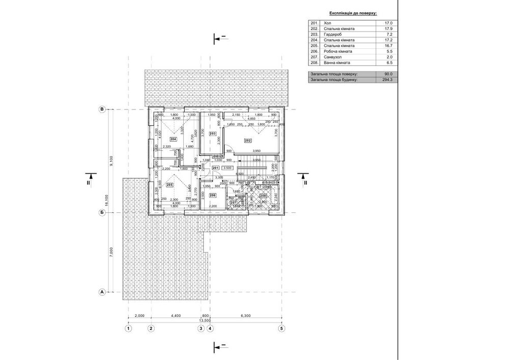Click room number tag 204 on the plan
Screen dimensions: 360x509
[x=173, y=139]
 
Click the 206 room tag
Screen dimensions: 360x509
[x=213, y=196]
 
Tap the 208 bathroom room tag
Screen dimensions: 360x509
[x=263, y=196]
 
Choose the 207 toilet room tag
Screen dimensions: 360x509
[x=233, y=203]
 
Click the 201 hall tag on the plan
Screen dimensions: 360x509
[x=215, y=168]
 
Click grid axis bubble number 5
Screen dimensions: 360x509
[x=281, y=329]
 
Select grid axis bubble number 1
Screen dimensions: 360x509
[x=128, y=329]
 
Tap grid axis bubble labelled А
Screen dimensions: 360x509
[x=102, y=292]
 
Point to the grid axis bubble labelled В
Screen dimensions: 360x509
[x=102, y=109]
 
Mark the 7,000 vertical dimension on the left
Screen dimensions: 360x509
[x=110, y=253]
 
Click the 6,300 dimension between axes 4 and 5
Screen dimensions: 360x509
[x=246, y=316]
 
